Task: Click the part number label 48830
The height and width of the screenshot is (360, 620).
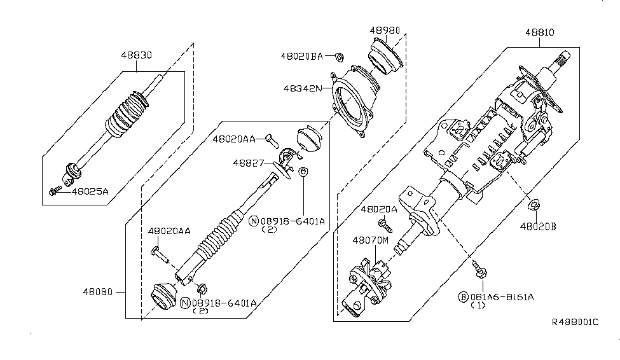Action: pos(137,55)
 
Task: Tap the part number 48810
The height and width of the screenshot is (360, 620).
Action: pos(540,32)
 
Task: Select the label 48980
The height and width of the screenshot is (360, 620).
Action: pos(385,31)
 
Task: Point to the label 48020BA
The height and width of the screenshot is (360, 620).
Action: pos(301,56)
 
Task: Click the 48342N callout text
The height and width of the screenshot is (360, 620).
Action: pos(303,88)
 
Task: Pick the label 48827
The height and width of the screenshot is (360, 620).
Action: pos(248,163)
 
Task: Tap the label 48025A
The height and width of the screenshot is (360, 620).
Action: pos(90,192)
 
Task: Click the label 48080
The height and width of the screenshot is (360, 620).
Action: pos(98,292)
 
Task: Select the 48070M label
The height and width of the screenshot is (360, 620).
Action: pos(371,240)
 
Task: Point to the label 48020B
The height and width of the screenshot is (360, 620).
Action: pos(538,226)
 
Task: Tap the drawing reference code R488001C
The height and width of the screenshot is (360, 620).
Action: pos(575,322)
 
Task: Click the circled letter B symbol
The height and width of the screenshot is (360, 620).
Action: pos(463,297)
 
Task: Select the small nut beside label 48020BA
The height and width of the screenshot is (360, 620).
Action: pos(340,57)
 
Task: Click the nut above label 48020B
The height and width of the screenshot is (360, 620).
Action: pos(534,205)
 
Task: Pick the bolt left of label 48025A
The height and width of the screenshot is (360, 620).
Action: pos(55,191)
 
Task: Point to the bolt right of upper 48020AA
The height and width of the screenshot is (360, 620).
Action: pos(272,140)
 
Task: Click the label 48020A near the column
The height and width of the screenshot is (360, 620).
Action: pos(379,209)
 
